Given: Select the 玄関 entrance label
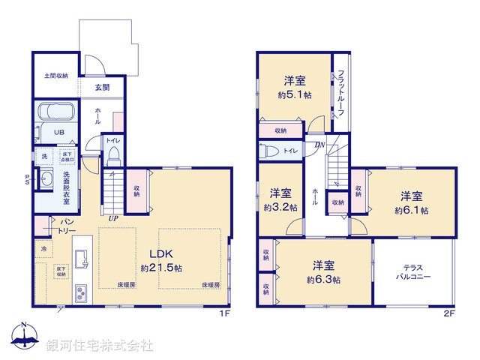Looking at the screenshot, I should click(x=103, y=87).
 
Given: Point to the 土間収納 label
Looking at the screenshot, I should click(x=55, y=76).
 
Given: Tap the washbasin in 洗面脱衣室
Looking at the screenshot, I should click(x=46, y=180).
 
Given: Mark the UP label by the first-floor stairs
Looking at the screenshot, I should click(x=113, y=218).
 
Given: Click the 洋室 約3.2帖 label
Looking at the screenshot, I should click(x=283, y=199).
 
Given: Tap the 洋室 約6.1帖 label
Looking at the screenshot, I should click(x=412, y=203).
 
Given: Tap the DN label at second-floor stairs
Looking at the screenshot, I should click(x=319, y=145).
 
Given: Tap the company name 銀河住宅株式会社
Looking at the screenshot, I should click(x=100, y=346).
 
